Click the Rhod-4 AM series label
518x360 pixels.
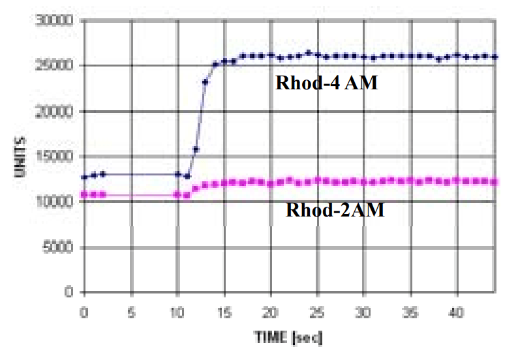(326, 83)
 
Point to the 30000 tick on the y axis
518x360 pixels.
(57, 21)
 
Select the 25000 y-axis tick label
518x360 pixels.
(57, 66)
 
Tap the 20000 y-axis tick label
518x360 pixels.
(57, 112)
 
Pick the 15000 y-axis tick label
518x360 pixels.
(57, 157)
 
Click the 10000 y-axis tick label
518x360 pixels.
(57, 202)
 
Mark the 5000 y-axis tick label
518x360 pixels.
(60, 247)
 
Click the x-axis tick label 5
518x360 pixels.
(131, 312)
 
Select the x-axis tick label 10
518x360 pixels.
(177, 312)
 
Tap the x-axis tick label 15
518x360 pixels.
(224, 312)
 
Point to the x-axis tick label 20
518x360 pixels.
(271, 312)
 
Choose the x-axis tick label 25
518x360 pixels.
(318, 312)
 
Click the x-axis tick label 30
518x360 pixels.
(364, 312)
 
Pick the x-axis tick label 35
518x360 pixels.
(410, 312)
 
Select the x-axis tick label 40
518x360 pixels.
(457, 312)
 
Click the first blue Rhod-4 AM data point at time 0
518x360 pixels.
(84, 177)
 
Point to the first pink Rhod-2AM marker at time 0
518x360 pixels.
(84, 194)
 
